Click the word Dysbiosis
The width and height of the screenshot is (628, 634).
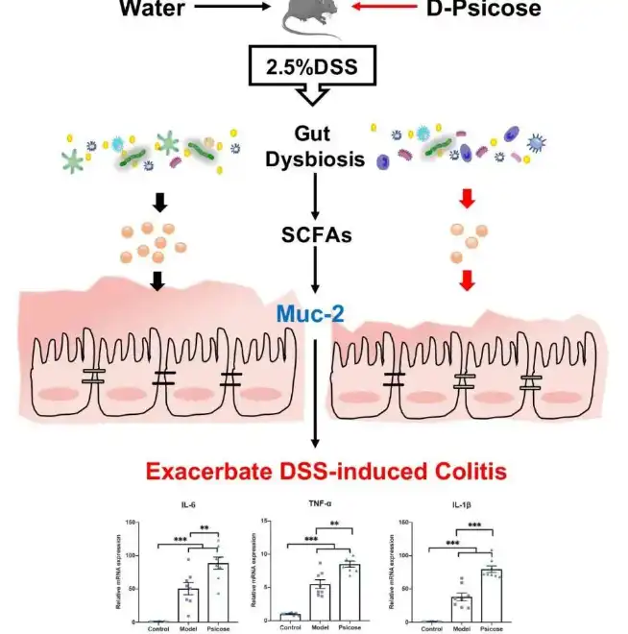pyautogui.click(x=315, y=158)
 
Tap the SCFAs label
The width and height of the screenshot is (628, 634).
pyautogui.click(x=315, y=234)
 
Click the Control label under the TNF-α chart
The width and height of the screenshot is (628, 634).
pyautogui.click(x=289, y=628)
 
